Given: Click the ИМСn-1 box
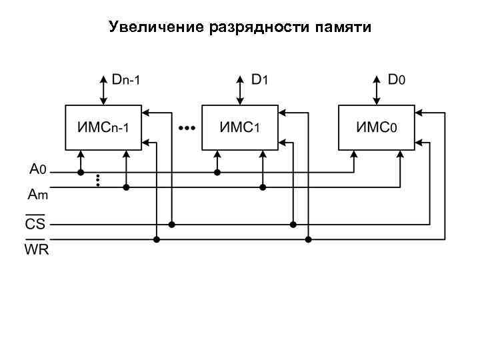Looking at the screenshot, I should [103, 127].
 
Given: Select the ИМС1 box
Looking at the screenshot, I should [240, 127].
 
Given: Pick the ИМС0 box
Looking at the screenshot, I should [377, 127].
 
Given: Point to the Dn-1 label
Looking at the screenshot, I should [126, 79].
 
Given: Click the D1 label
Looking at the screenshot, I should [259, 79].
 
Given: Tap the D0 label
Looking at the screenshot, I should [397, 79].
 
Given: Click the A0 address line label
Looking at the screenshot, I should [37, 169].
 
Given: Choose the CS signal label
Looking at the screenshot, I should [35, 223].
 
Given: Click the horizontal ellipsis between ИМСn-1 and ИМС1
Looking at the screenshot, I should [186, 127].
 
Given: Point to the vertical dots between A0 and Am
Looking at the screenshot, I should [98, 179].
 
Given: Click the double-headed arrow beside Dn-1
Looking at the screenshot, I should [103, 89].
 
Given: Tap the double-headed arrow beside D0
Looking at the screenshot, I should [377, 89].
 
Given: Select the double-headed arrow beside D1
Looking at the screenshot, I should [240, 89].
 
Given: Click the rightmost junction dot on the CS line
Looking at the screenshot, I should [293, 225].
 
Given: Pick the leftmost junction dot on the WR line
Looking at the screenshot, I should [157, 239].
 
